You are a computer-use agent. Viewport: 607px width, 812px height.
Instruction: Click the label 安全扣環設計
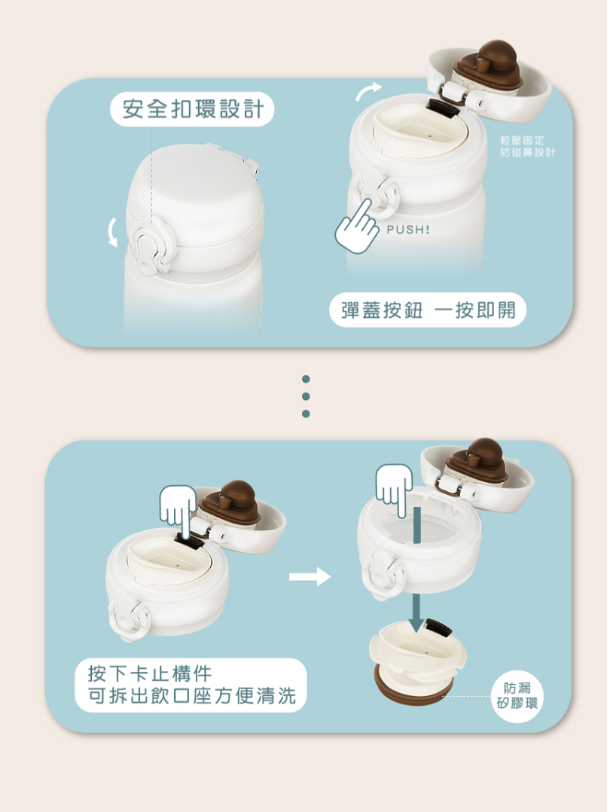tap(192, 109)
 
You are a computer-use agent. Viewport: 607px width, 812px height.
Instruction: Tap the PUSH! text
tap(408, 230)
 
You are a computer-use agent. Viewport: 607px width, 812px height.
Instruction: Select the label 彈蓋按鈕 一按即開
tap(428, 310)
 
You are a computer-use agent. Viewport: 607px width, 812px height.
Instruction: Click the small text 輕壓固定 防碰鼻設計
tap(527, 146)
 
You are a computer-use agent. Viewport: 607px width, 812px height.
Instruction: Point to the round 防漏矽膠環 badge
tap(517, 696)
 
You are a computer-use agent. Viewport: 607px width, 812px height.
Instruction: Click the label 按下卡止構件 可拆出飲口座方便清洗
tap(191, 685)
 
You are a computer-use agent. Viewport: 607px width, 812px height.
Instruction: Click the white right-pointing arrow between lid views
tap(310, 576)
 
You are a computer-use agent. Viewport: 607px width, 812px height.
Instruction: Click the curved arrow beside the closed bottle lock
tap(111, 233)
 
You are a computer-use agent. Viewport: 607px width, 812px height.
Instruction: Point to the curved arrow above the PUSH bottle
tap(368, 90)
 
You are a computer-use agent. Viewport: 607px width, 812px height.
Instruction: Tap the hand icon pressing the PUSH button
tap(358, 227)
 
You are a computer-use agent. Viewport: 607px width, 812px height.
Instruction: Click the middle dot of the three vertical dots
tap(306, 396)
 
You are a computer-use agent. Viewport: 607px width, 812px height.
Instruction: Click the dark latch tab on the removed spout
tap(438, 627)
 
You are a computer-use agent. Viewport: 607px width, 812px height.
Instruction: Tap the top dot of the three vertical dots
tap(306, 379)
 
